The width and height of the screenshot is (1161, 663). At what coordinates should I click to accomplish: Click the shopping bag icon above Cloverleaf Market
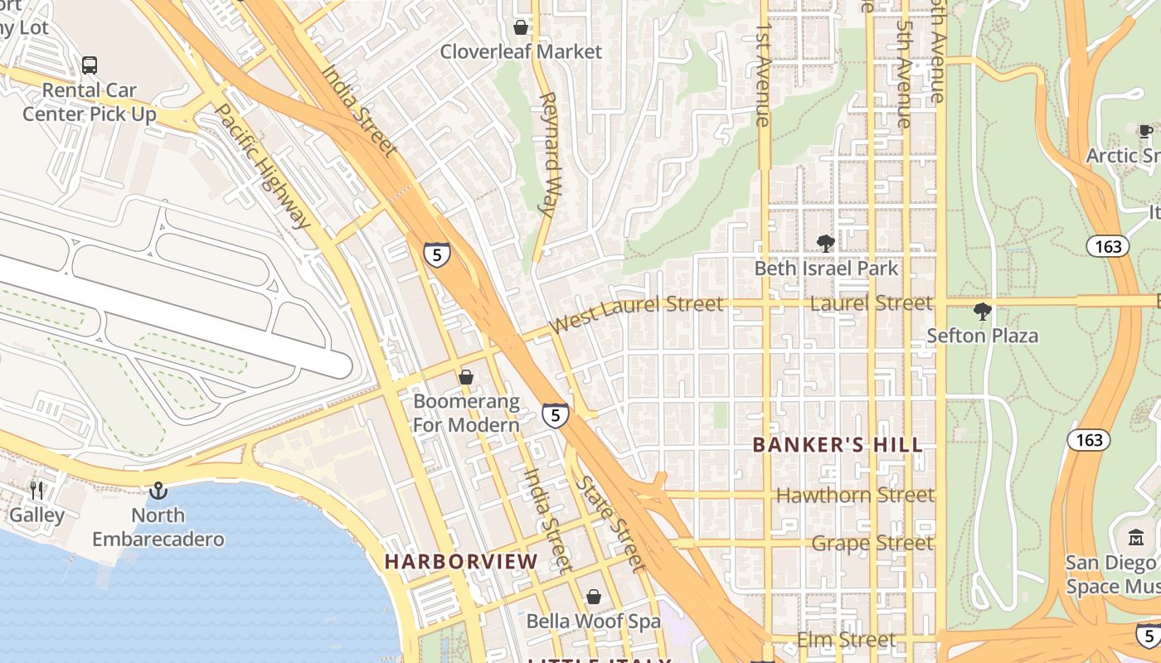click(521, 27)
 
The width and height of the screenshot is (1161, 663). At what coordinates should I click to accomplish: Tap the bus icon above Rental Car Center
click(89, 65)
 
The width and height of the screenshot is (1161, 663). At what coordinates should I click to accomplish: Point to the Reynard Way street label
click(547, 153)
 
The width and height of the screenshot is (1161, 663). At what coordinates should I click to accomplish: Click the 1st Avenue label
click(764, 75)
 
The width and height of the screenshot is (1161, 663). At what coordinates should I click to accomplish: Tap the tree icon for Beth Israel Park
click(825, 243)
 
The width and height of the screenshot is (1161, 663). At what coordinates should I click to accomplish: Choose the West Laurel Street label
click(636, 312)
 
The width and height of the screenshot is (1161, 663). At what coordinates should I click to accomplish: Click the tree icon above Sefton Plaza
click(982, 312)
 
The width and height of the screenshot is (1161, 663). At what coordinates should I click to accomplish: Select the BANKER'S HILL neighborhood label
click(838, 445)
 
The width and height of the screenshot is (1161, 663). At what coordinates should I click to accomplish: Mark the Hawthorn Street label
click(855, 496)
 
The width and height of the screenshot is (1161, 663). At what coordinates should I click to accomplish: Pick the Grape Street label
click(872, 544)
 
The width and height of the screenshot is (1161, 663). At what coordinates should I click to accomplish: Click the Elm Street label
click(846, 640)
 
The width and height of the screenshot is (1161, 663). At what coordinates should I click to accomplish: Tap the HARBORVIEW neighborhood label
click(461, 562)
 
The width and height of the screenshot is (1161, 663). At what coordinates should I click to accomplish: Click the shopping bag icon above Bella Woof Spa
click(594, 597)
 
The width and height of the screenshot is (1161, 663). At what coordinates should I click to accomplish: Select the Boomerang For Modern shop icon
click(466, 378)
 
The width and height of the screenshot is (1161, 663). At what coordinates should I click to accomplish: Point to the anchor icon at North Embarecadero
click(158, 491)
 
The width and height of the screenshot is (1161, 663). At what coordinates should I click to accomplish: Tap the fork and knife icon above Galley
click(36, 491)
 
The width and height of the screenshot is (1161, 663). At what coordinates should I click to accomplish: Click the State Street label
click(611, 524)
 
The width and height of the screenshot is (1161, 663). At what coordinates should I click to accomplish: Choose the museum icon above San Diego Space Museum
click(1136, 536)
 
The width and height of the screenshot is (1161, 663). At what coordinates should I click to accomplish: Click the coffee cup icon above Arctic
click(1145, 131)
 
